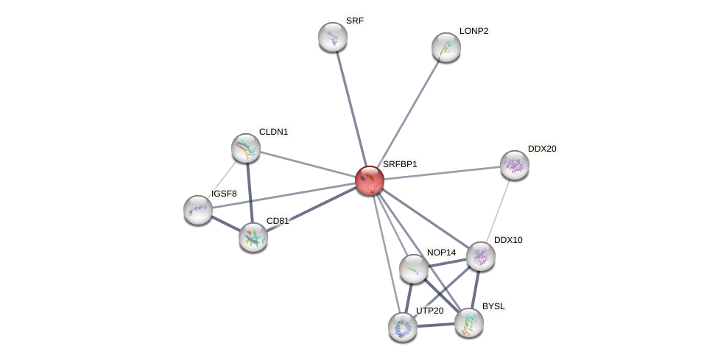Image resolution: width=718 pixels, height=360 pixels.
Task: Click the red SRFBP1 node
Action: [x=370, y=180]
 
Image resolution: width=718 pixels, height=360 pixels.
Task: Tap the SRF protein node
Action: [x=333, y=37]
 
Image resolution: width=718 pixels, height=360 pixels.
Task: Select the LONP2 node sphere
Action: [x=446, y=47]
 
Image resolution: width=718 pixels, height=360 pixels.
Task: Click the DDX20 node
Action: [x=515, y=165]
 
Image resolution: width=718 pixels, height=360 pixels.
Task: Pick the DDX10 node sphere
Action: [x=481, y=256]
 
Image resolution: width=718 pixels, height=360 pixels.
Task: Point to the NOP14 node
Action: [x=414, y=269]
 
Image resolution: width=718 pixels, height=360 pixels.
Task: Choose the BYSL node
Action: [x=469, y=322]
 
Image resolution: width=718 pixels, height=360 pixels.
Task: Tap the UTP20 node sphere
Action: [x=403, y=327]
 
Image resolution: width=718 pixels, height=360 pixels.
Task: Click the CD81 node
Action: [x=253, y=237]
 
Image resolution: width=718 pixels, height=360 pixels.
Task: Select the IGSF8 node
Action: [x=198, y=210]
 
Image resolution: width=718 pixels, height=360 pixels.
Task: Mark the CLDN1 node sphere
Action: [x=246, y=148]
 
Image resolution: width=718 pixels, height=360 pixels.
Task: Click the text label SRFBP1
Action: [x=400, y=164]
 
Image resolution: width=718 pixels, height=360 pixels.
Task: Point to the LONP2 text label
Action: [x=474, y=31]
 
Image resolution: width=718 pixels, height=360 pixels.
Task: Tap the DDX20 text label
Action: [x=543, y=149]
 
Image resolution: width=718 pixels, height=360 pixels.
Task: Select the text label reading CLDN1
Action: [x=273, y=132]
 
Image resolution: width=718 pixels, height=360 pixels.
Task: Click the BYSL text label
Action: [x=494, y=306]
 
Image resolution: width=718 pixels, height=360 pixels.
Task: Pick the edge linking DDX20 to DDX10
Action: [x=499, y=209]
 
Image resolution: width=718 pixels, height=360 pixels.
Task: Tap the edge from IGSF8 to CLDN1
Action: [x=222, y=178]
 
